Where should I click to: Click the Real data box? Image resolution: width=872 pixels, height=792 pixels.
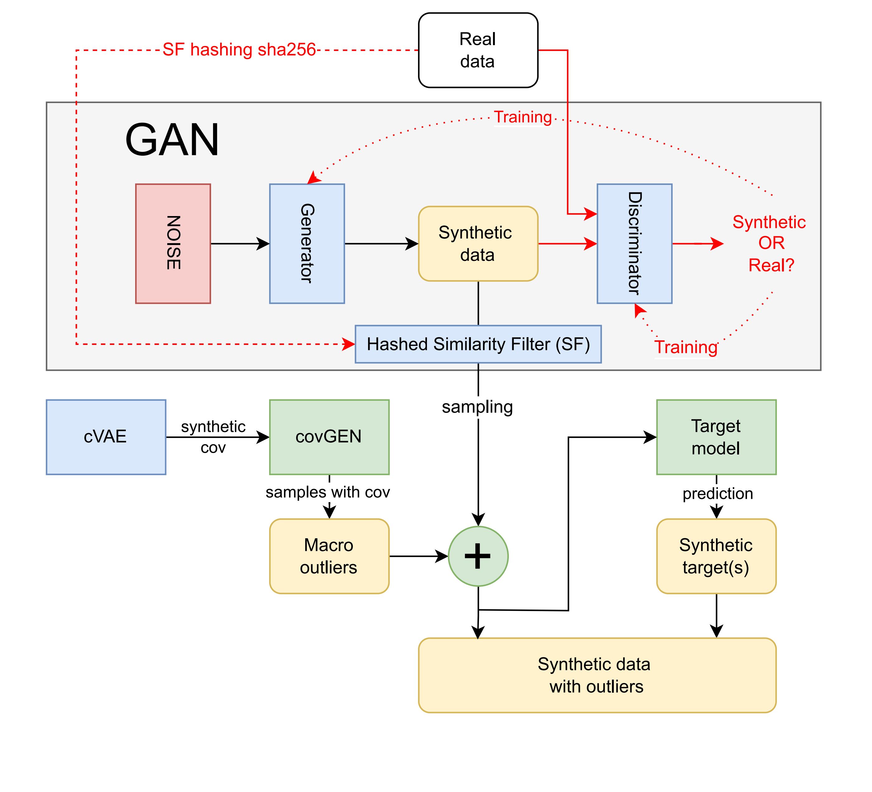[x=478, y=50]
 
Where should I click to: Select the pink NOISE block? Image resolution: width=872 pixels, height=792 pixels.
[x=173, y=243]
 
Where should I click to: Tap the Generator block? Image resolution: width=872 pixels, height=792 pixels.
[x=307, y=243]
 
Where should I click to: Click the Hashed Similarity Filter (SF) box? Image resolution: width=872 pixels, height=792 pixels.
[x=478, y=344]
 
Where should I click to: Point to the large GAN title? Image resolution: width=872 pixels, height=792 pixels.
[x=172, y=140]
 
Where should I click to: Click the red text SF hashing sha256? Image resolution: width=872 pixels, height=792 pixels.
[x=239, y=50]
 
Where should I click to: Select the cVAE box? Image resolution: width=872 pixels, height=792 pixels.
[x=106, y=437]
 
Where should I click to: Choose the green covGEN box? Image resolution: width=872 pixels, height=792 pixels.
[x=329, y=437]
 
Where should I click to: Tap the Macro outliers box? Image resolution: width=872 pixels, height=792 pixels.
[x=329, y=556]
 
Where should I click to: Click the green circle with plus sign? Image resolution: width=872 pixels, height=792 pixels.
[x=478, y=556]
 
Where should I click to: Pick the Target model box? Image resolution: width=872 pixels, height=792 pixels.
[x=716, y=437]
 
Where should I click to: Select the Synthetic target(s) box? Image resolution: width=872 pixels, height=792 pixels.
[x=716, y=556]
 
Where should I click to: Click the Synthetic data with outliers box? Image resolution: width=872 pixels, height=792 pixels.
[x=597, y=675]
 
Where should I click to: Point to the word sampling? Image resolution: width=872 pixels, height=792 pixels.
[x=477, y=407]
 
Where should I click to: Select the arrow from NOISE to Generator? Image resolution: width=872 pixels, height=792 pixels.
[x=240, y=243]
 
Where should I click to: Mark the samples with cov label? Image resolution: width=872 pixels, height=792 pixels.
[x=327, y=492]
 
